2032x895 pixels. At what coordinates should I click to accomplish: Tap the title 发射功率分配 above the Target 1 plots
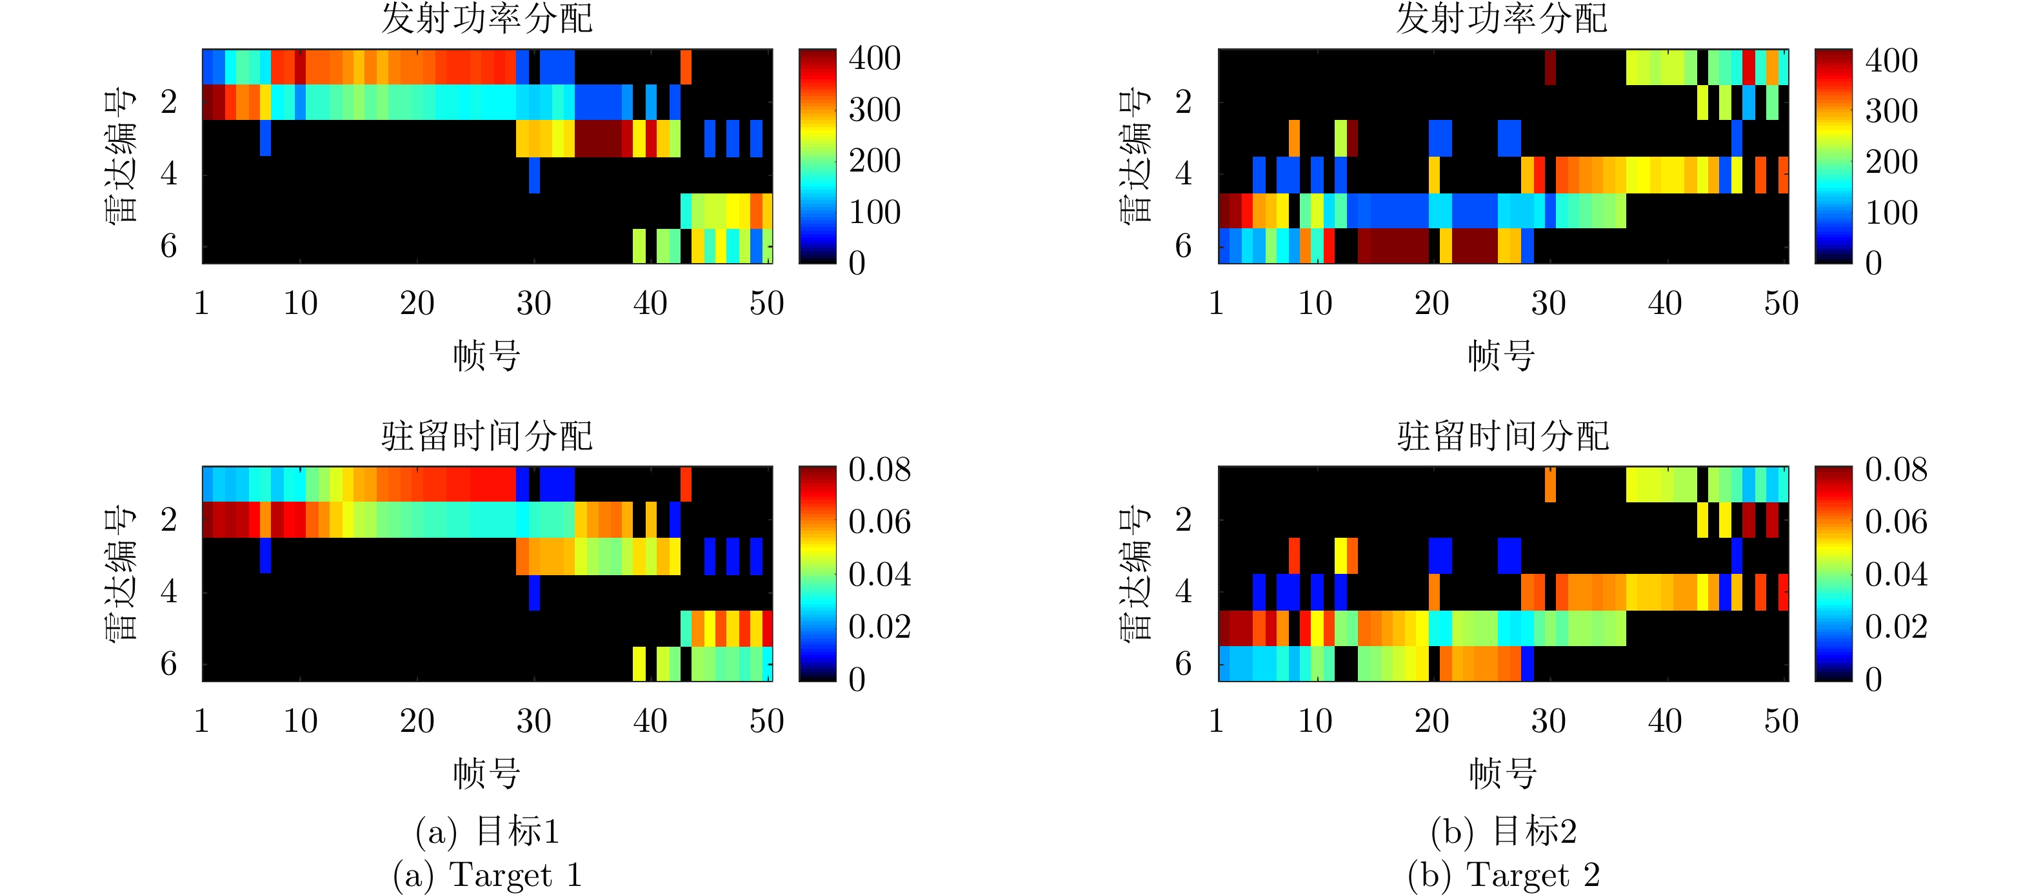coord(486,19)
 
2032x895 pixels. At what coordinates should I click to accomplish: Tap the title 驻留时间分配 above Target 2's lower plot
coord(1502,436)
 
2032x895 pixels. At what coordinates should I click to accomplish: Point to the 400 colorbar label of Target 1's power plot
coord(875,58)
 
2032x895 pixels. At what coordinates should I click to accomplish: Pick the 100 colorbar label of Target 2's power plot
coord(1891,212)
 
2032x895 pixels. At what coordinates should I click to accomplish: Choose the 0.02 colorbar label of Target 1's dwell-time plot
coord(879,627)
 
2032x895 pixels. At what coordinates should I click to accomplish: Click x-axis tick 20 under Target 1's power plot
coord(417,304)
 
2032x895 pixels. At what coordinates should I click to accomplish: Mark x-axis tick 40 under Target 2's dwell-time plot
coord(1664,721)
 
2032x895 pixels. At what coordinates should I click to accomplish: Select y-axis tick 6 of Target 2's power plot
coord(1183,246)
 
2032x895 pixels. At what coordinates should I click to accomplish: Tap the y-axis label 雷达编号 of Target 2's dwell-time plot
coord(1135,573)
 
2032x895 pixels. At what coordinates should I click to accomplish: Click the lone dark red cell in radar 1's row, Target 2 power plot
coord(1550,67)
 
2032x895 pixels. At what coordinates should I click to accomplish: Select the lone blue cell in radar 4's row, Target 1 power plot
coord(534,174)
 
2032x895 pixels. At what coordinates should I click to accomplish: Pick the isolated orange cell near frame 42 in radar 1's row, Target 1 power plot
coord(686,67)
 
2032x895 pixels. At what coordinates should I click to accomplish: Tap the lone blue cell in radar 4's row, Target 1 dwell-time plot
coord(534,592)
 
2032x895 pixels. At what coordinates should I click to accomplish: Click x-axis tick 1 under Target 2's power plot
coord(1215,304)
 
